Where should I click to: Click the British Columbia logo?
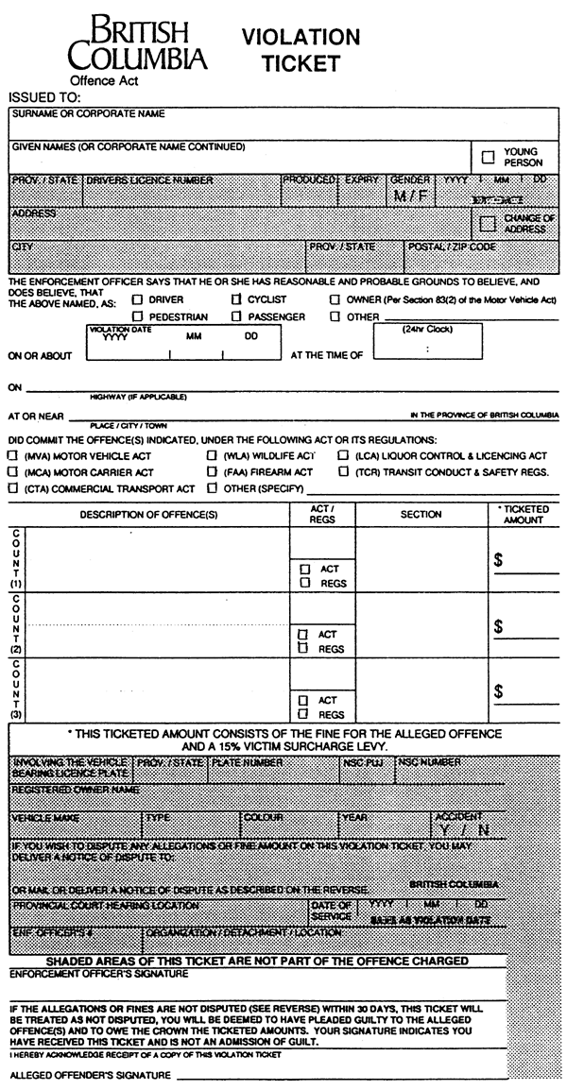(137, 44)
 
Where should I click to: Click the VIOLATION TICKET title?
(301, 50)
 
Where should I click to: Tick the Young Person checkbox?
(488, 158)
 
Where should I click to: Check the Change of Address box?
(488, 224)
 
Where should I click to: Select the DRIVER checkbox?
(138, 299)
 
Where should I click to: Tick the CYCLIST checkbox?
(237, 299)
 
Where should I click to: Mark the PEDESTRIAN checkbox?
(138, 317)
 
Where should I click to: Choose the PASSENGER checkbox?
(237, 317)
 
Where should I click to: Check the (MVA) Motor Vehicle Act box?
(12, 455)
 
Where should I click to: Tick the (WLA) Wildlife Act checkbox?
(212, 455)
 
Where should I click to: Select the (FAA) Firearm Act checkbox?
(212, 471)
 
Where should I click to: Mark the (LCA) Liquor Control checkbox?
(342, 455)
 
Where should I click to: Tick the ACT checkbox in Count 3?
(304, 701)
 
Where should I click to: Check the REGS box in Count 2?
(304, 649)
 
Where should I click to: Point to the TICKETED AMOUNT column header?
(524, 515)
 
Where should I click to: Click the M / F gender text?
(410, 196)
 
